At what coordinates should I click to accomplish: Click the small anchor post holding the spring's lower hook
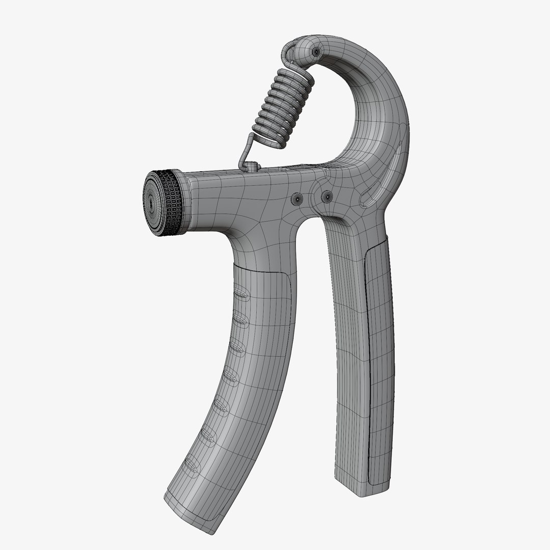pyautogui.click(x=253, y=167)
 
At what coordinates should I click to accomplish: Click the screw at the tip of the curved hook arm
pyautogui.click(x=317, y=52)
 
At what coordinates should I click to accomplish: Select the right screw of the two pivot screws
pyautogui.click(x=326, y=196)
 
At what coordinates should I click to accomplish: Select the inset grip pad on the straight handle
pyautogui.click(x=379, y=356)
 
